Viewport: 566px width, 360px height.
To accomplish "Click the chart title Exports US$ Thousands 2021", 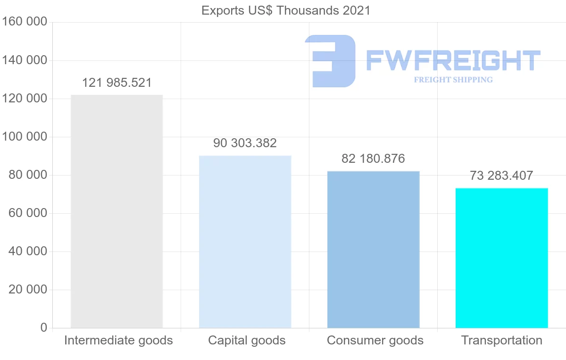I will tap(286, 10).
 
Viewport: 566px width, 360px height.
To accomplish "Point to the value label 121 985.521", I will tap(117, 83).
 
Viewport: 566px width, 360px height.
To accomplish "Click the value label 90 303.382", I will tap(245, 143).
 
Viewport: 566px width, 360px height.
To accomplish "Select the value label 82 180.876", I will tap(373, 159).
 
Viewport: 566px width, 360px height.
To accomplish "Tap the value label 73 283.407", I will tap(501, 176).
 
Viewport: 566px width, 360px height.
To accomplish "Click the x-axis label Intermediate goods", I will tap(118, 340).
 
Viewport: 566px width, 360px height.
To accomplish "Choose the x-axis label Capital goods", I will tap(247, 340).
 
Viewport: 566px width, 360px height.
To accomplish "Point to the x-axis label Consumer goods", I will tap(375, 340).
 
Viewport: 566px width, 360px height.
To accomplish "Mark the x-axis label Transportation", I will tap(501, 340).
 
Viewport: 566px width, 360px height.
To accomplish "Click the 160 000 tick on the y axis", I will tap(25, 22).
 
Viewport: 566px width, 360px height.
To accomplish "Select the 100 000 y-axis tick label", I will tap(25, 137).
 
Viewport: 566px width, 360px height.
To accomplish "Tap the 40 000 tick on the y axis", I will tap(28, 251).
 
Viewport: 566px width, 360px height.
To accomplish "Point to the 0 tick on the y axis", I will tap(44, 327).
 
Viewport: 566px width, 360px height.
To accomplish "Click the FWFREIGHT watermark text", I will tap(453, 60).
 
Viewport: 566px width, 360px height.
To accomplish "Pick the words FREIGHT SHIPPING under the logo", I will tap(453, 80).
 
